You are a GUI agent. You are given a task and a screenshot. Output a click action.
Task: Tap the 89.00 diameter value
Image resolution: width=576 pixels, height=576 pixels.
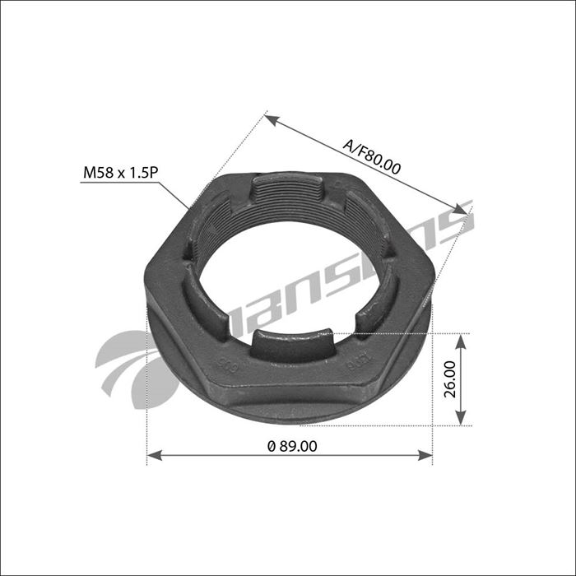(293, 446)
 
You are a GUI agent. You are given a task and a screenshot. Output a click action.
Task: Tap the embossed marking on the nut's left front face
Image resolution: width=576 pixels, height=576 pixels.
(222, 367)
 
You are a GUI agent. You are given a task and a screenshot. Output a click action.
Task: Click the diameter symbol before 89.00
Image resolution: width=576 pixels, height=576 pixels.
(272, 446)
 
